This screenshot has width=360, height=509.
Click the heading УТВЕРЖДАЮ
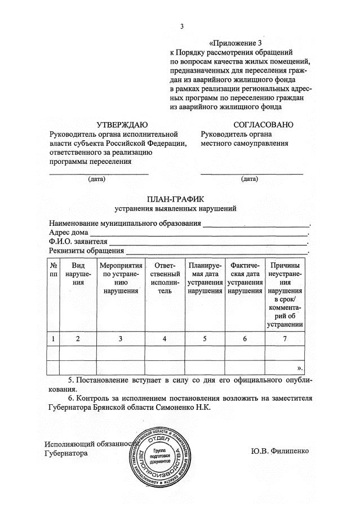122,124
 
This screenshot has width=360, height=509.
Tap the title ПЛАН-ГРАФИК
176,198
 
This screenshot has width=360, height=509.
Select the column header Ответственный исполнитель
164,278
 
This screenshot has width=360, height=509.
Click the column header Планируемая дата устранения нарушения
205,278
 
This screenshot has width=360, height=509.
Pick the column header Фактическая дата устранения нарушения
245,278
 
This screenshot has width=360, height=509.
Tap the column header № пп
54,269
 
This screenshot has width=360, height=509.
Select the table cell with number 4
164,338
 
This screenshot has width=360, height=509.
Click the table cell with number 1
54,338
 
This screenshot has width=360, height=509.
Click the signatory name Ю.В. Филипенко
280,451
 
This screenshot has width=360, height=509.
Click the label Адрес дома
69,233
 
